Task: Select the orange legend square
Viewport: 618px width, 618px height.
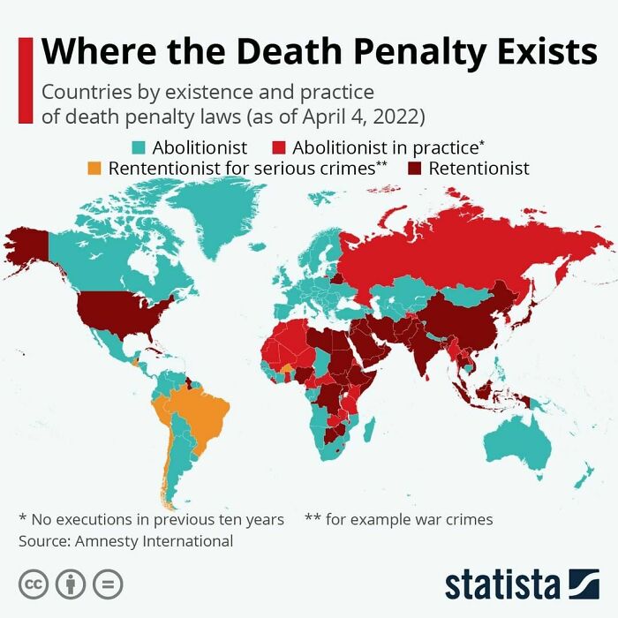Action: click(x=94, y=168)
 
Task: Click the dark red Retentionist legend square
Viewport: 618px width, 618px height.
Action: click(x=414, y=168)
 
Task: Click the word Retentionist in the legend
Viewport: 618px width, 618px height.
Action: click(x=479, y=168)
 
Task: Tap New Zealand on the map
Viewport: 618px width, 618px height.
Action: click(x=583, y=477)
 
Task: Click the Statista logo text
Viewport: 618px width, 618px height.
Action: click(x=501, y=584)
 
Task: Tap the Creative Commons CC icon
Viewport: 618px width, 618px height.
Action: click(x=33, y=584)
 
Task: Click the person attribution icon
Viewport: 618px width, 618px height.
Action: click(x=71, y=584)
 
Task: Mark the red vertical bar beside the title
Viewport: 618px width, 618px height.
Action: click(x=25, y=79)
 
